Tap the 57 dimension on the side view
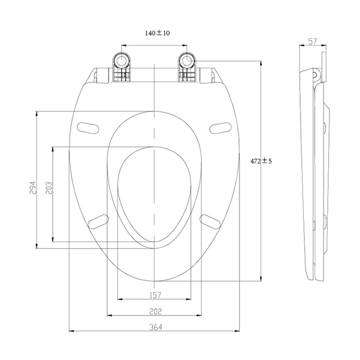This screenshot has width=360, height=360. click(x=312, y=42)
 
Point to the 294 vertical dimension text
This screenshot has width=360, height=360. click(x=33, y=187)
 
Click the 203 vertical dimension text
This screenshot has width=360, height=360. click(x=48, y=187)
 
